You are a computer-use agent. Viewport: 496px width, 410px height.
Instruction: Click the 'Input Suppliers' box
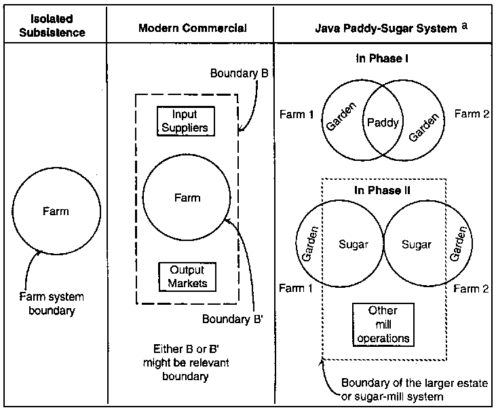pyautogui.click(x=185, y=121)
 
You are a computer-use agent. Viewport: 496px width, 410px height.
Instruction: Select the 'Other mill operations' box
pyautogui.click(x=382, y=324)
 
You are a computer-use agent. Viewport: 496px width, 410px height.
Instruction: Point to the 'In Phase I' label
pyautogui.click(x=381, y=59)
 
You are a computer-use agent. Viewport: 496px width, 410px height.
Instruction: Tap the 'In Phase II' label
pyautogui.click(x=381, y=190)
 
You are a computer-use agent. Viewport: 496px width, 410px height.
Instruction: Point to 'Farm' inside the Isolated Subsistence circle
pyautogui.click(x=55, y=211)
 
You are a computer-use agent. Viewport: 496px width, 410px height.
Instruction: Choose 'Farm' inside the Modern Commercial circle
pyautogui.click(x=187, y=198)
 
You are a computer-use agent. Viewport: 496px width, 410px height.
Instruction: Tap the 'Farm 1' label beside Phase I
pyautogui.click(x=296, y=115)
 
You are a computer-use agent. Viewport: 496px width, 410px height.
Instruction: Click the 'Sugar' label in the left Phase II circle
pyautogui.click(x=353, y=244)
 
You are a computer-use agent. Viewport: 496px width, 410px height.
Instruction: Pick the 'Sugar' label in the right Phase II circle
pyautogui.click(x=417, y=244)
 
